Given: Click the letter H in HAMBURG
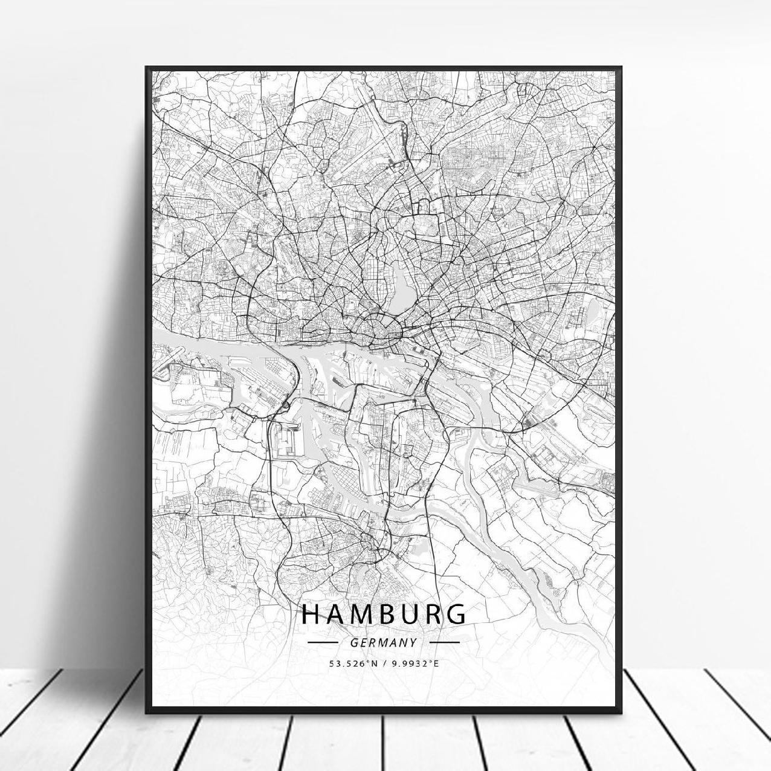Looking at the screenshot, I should pos(311,614).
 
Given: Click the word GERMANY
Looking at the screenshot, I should pos(383,642).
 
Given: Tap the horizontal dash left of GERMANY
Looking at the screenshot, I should pos(322,642).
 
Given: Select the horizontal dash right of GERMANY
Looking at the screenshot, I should pos(445,642).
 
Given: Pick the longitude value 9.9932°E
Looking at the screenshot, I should pos(415,663).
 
